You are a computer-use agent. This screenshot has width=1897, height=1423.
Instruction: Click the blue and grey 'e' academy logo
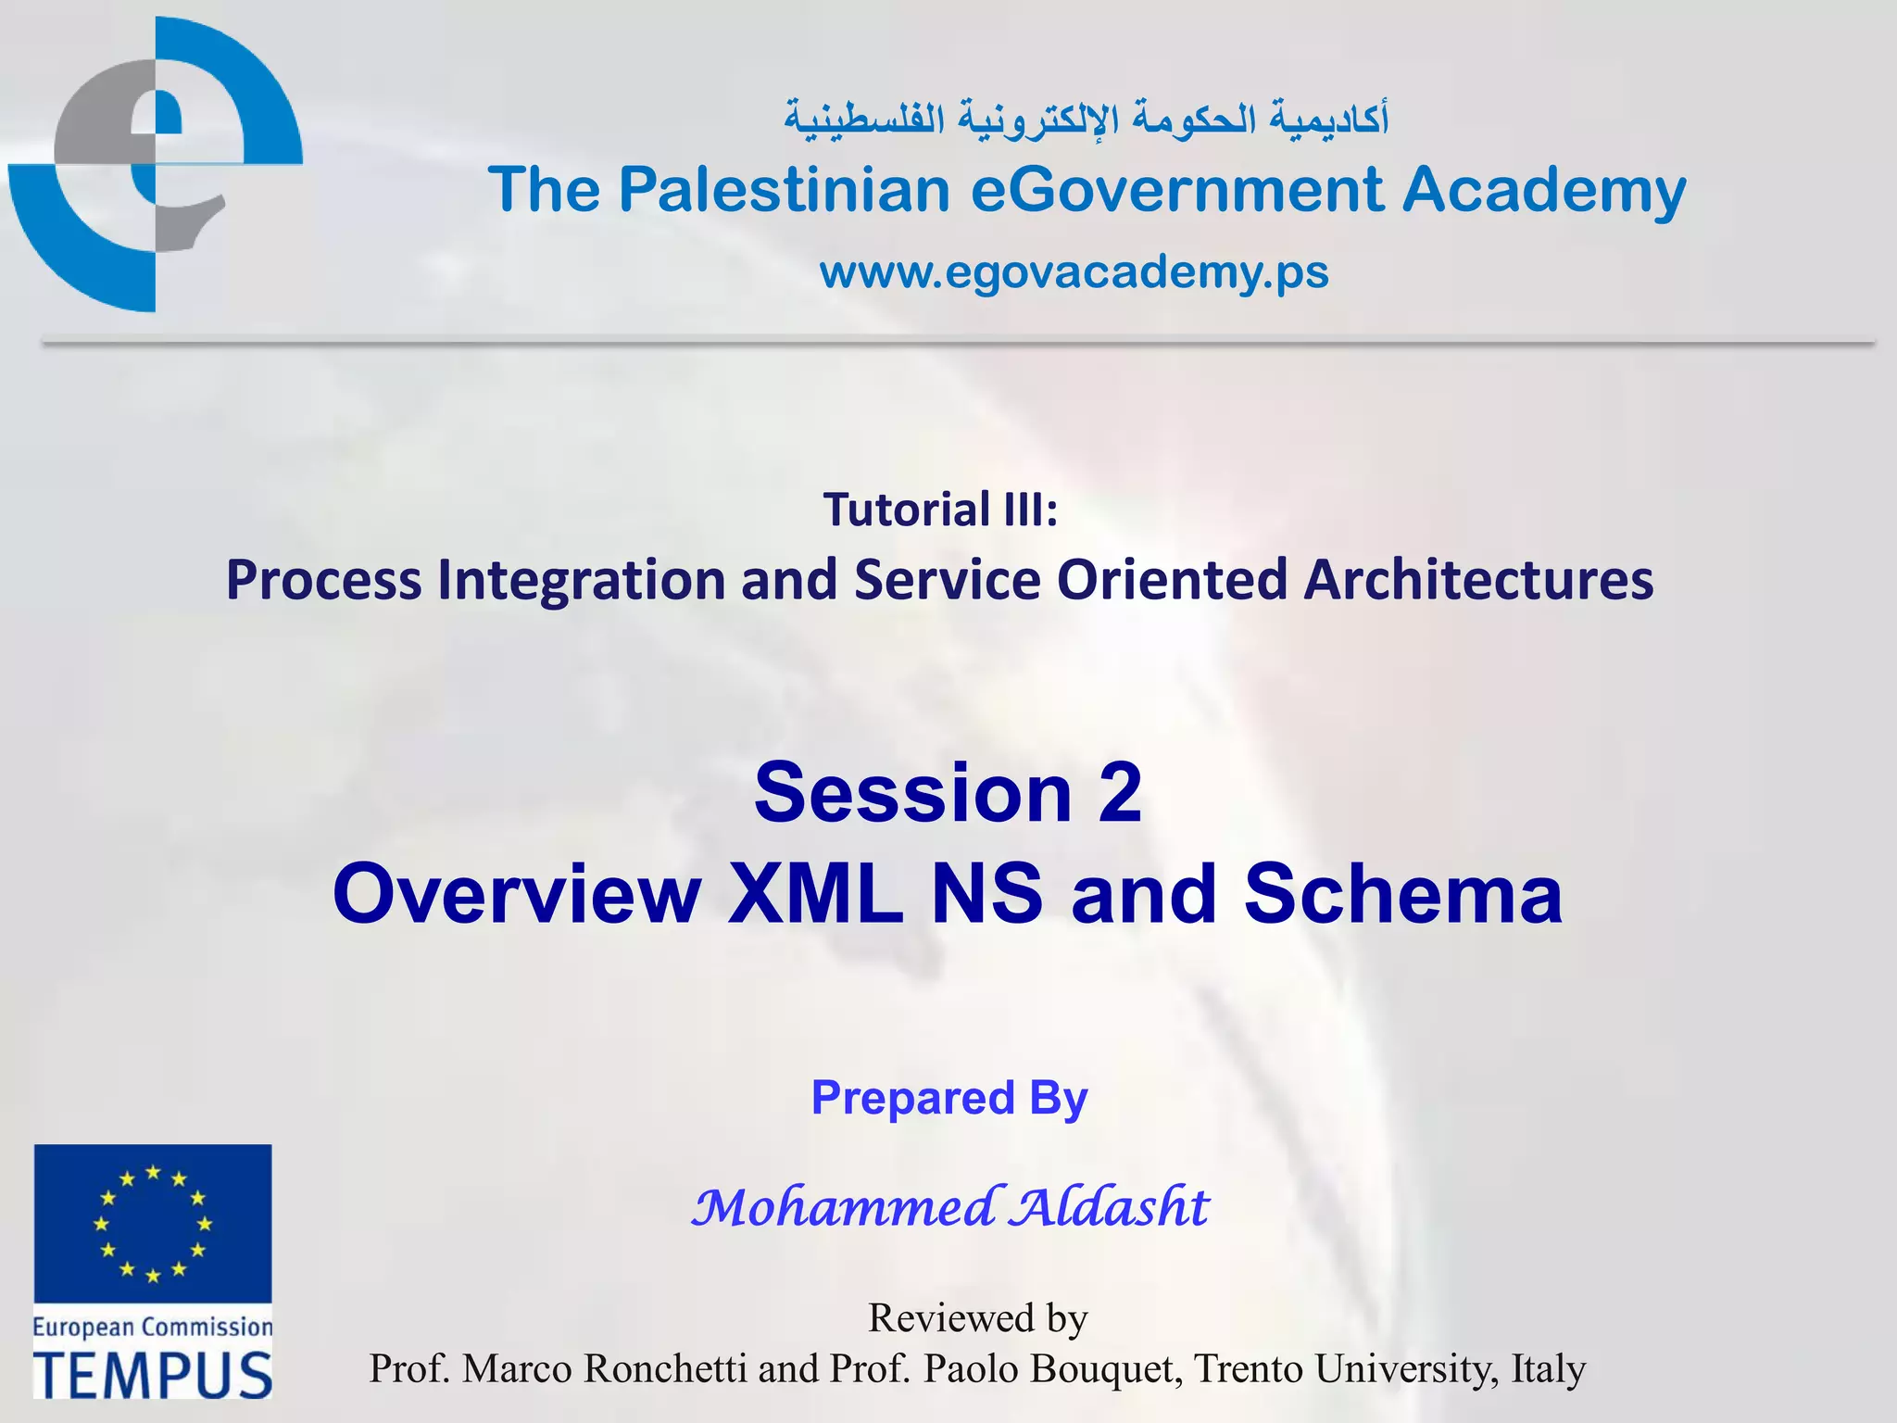156,165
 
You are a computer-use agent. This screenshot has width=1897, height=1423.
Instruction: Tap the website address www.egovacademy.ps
1074,272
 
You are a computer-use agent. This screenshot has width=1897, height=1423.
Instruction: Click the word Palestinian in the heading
784,190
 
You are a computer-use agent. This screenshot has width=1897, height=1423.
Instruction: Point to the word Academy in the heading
1543,190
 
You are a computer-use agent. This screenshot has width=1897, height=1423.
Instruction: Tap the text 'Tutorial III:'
940,510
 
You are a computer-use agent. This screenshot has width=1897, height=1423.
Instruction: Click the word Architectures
1478,580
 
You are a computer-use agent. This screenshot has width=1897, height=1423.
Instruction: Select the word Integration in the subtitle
581,580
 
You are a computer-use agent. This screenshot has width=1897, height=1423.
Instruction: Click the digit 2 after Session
1120,793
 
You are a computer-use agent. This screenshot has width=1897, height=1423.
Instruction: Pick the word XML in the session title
814,894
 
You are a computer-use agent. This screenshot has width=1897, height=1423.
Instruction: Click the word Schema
1402,894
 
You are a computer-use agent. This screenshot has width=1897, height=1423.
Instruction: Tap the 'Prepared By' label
949,1098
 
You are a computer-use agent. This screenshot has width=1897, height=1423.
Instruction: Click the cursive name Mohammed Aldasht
950,1207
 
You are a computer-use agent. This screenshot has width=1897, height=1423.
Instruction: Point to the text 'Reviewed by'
977,1317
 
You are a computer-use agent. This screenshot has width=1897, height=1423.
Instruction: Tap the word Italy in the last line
1548,1369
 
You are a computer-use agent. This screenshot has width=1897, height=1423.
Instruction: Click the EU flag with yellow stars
153,1224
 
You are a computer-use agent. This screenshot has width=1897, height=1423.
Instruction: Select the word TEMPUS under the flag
153,1375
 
